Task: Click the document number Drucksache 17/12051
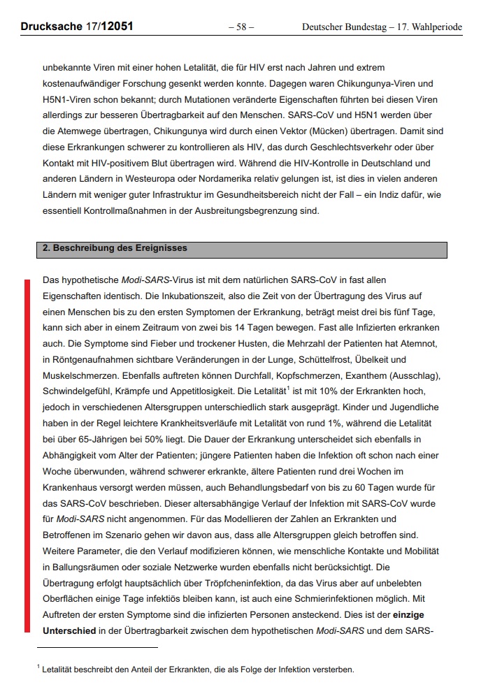click(x=77, y=27)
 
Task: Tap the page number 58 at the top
click(x=241, y=27)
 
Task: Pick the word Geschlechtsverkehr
click(x=362, y=147)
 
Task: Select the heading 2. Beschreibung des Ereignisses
click(x=115, y=248)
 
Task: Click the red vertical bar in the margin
click(x=27, y=454)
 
